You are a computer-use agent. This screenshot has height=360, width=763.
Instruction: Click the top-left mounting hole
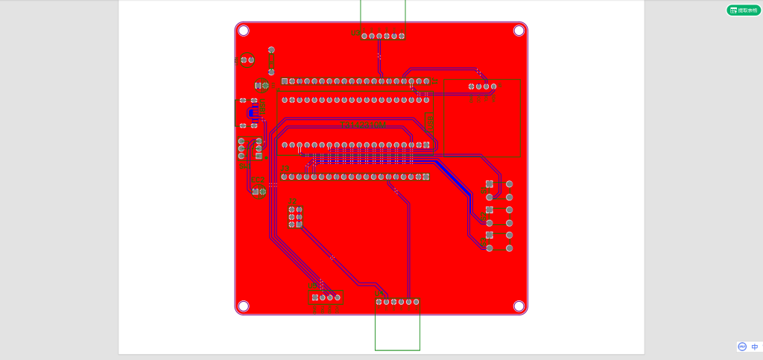(x=244, y=31)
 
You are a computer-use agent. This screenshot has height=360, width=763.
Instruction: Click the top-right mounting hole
(x=519, y=31)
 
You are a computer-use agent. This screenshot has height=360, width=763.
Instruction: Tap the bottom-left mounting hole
(x=244, y=306)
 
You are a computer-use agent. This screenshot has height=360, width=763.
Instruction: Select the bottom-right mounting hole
(x=519, y=306)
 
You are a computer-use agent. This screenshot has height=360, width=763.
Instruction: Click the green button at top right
(x=744, y=10)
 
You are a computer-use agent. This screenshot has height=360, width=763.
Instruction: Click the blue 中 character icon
(x=755, y=347)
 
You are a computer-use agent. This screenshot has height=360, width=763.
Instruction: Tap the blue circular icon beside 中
(x=742, y=347)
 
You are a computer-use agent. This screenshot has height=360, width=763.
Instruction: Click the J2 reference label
(x=292, y=201)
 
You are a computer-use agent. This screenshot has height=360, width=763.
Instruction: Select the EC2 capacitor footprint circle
(x=259, y=192)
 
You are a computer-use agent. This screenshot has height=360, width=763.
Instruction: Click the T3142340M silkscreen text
(x=364, y=124)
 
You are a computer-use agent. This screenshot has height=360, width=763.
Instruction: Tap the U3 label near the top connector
(x=355, y=33)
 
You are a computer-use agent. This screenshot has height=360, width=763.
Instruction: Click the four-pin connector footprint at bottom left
(x=326, y=297)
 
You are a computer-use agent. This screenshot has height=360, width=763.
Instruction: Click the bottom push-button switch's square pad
(x=489, y=235)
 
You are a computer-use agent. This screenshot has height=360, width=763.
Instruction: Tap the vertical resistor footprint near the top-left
(x=271, y=57)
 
